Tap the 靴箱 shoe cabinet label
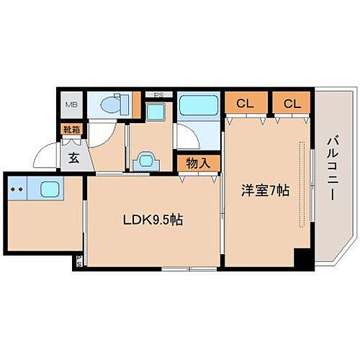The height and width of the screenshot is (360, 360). [x=71, y=130]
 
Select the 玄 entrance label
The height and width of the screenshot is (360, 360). [x=73, y=159]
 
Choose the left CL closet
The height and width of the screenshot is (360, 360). [x=245, y=104]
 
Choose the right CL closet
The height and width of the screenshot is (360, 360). [x=292, y=104]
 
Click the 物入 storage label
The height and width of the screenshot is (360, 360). [x=198, y=163]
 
